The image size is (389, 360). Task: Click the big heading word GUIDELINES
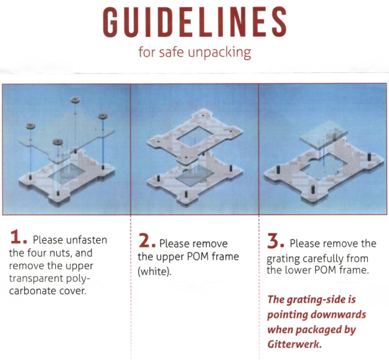coord(195,22)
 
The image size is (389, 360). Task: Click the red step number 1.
coord(18,237)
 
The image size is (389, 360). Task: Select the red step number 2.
coord(147,240)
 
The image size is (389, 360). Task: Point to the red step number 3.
coord(275,241)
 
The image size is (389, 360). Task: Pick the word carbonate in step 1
coord(33,291)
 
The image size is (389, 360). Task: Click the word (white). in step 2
coord(154,271)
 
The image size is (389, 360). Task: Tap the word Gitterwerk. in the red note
coord(294,344)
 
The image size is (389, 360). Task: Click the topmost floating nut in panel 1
coord(75,100)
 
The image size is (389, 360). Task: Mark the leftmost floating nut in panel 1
coord(30,126)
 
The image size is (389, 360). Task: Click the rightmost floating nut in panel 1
coord(103,116)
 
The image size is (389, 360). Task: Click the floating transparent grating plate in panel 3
coord(324,134)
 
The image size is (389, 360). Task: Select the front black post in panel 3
coord(313,190)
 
